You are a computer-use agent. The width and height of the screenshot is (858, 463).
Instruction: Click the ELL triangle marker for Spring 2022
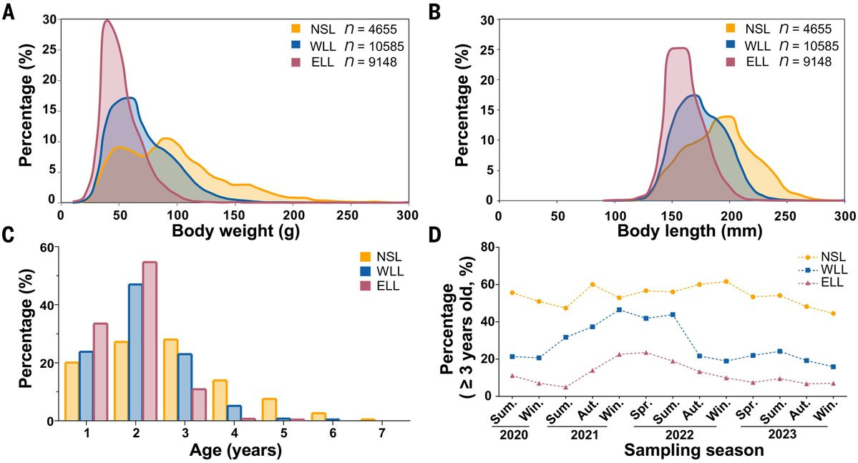point(645,352)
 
